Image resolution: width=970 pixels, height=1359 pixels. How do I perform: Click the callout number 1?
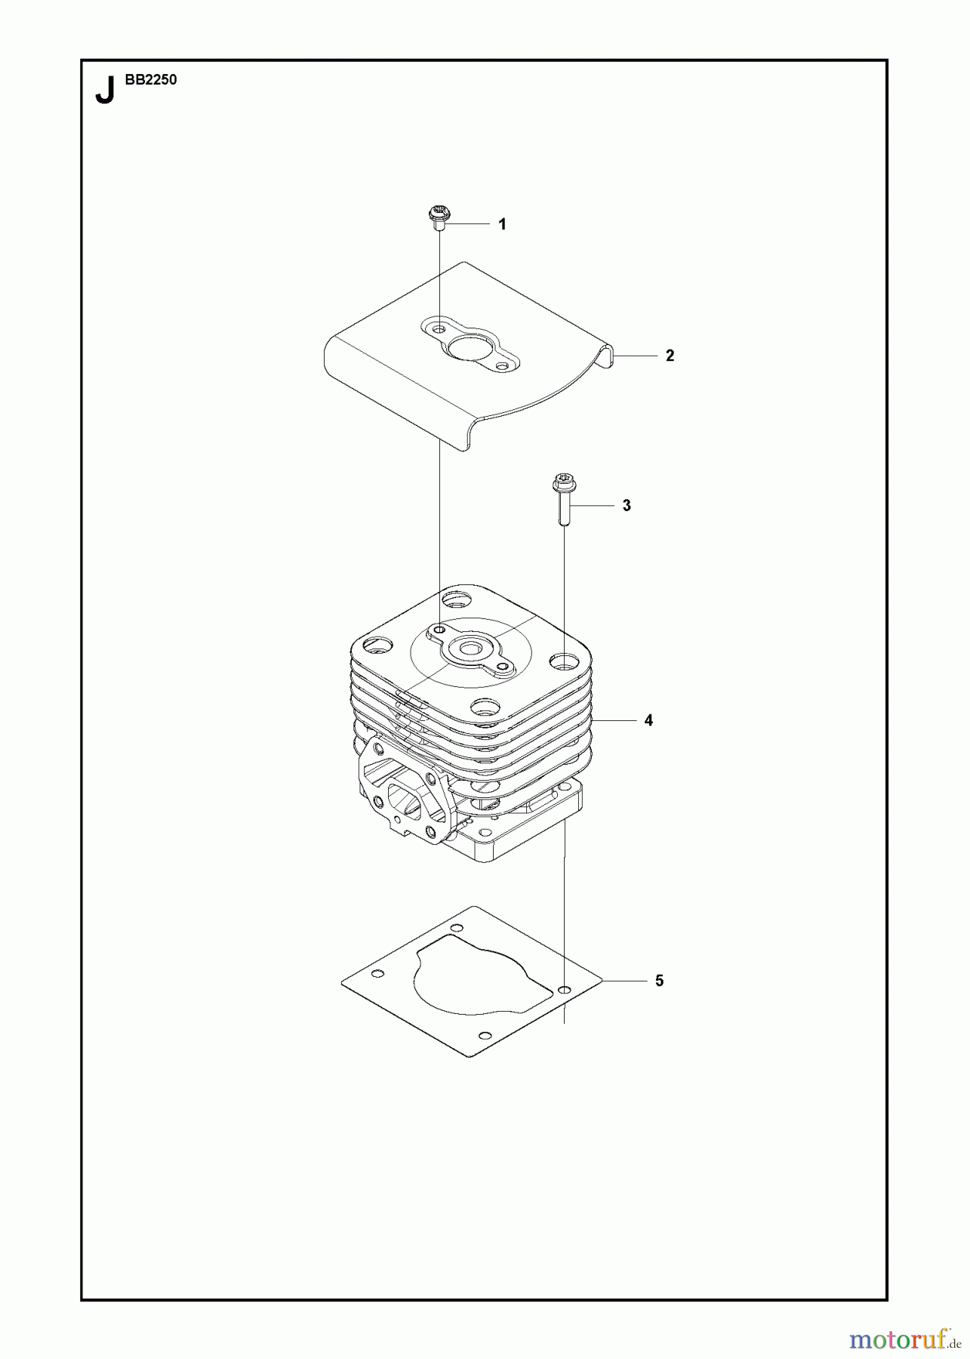(x=502, y=224)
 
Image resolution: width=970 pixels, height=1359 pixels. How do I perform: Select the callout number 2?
(x=670, y=356)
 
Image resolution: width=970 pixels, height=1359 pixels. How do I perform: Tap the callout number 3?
(x=627, y=505)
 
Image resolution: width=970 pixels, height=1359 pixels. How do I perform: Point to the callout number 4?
(x=648, y=720)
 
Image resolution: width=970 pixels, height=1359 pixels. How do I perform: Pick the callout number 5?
(x=659, y=981)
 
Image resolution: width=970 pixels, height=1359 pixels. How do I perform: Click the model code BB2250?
(x=147, y=80)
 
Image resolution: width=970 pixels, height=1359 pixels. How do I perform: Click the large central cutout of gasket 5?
(x=476, y=978)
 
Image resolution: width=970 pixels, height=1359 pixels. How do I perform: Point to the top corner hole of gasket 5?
(x=456, y=928)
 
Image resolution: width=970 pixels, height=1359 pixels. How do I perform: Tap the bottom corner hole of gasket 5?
(x=486, y=1034)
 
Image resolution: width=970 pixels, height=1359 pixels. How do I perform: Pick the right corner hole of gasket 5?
(x=565, y=988)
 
